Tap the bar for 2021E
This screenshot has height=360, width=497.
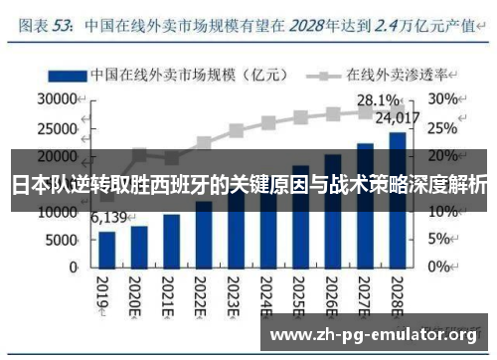point(172,240)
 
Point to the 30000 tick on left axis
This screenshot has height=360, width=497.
point(57,99)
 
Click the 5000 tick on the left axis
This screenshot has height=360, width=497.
point(61,239)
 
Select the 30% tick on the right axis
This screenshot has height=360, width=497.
point(442,99)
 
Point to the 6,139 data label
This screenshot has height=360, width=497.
point(109,218)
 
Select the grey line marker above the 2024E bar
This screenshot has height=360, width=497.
point(268,123)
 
